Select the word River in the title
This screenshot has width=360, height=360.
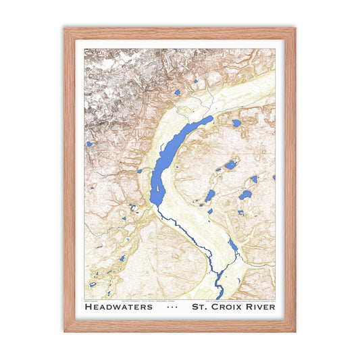point(260,307)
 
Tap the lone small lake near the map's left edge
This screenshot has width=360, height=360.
point(88,144)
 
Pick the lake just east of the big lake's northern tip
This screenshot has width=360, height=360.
point(236,124)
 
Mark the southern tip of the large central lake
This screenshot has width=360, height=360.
point(156,203)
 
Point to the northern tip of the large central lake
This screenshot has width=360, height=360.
point(210,118)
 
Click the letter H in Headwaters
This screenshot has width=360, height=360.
point(89,307)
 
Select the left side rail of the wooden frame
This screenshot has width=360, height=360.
point(69,180)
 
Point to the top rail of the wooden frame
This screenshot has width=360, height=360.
point(180,32)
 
